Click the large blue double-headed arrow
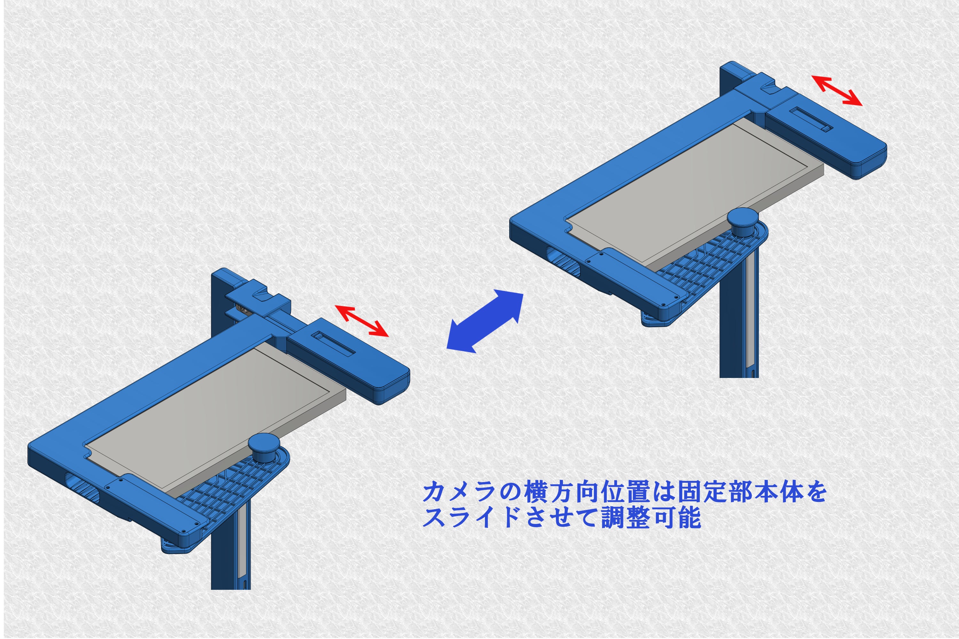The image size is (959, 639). coord(485,321)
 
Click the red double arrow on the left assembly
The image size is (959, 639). coord(362,321)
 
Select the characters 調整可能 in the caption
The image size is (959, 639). coord(651,518)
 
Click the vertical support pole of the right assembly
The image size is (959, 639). coord(739,334)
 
